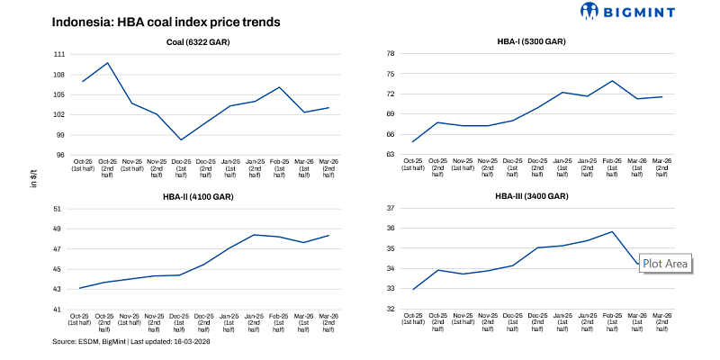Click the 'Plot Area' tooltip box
pyautogui.click(x=665, y=264)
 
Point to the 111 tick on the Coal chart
pyautogui.click(x=59, y=54)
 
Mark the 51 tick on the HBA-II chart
pyautogui.click(x=59, y=209)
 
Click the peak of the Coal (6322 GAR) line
pyautogui.click(x=108, y=63)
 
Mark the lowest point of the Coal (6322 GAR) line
pyautogui.click(x=181, y=139)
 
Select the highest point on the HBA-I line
pyautogui.click(x=612, y=81)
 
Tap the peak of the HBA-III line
pyautogui.click(x=612, y=231)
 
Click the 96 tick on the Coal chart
pyautogui.click(x=59, y=155)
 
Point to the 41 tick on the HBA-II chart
pyautogui.click(x=59, y=310)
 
